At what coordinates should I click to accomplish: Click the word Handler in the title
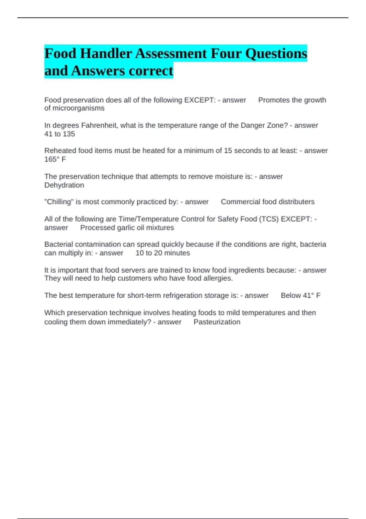tap(105, 54)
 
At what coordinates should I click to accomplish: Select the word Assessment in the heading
tap(171, 54)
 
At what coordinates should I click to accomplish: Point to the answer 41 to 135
tap(59, 134)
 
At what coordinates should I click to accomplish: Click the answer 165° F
tap(55, 159)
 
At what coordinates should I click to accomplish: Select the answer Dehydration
tap(64, 185)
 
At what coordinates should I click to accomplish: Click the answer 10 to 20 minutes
tap(163, 253)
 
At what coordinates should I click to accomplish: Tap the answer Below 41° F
tap(300, 296)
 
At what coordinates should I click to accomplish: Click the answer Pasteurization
tap(217, 322)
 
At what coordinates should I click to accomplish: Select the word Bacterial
tap(59, 245)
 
